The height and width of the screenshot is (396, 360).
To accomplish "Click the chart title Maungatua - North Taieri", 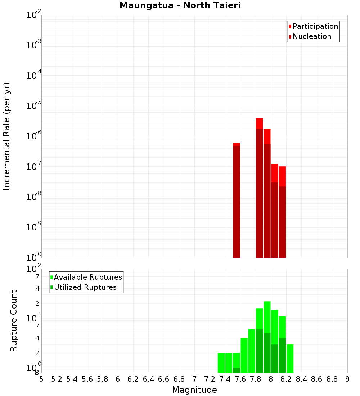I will tap(180, 6).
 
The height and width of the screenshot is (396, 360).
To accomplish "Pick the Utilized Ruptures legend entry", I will tap(85, 287).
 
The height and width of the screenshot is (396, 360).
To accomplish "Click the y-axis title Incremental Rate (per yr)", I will tap(7, 136).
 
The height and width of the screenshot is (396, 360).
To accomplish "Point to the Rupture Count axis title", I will tap(14, 321).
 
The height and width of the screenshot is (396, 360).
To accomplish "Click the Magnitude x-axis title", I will tap(194, 390).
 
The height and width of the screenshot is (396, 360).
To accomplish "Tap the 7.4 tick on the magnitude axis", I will tap(225, 379).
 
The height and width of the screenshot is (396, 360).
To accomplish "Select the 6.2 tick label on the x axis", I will tap(133, 379).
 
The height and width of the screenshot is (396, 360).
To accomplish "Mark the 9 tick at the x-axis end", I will tap(347, 379).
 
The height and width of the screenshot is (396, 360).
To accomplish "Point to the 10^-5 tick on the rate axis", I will tap(34, 106).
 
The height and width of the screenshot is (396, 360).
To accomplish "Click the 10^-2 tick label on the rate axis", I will tap(34, 15).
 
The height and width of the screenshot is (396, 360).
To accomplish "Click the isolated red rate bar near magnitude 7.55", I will tap(237, 200).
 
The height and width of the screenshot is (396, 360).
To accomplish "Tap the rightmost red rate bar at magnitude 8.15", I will tap(282, 212).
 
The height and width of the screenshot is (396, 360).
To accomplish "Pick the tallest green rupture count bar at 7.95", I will tap(267, 337).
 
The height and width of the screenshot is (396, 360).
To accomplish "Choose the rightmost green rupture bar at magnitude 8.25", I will tap(290, 358).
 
